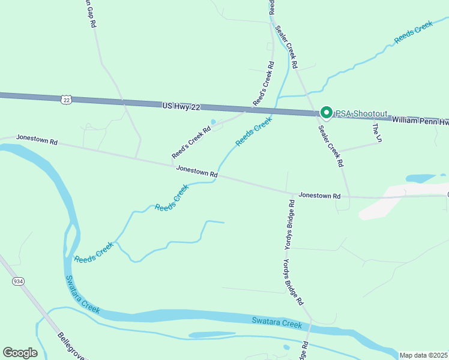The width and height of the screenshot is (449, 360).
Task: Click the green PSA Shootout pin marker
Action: tap(326, 112)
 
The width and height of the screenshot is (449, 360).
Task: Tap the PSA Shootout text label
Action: tap(361, 113)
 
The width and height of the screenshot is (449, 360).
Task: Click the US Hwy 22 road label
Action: tap(181, 106)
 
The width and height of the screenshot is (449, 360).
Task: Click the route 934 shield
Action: tap(17, 281)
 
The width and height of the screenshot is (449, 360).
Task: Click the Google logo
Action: tap(20, 353)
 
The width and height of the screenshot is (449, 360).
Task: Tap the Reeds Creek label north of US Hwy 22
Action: tap(413, 33)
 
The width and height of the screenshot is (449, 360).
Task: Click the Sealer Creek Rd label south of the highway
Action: tap(331, 146)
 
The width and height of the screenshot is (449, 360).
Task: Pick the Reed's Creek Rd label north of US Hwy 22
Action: tap(264, 83)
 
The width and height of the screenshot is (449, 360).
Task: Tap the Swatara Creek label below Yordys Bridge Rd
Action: tap(276, 323)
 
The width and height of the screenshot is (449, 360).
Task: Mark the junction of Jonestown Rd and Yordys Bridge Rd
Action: tap(289, 193)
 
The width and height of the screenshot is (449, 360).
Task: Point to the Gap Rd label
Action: tap(91, 14)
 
